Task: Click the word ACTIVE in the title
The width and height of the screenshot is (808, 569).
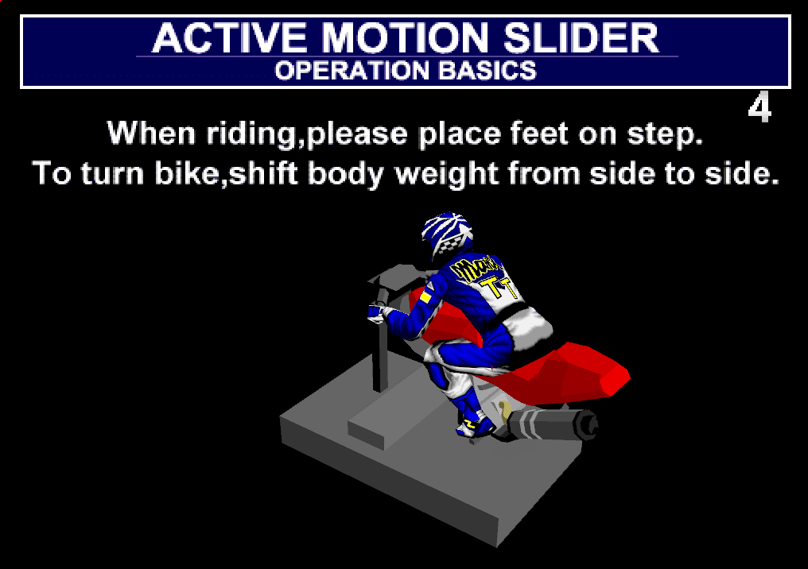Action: click(229, 38)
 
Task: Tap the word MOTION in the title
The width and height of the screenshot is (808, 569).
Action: click(405, 38)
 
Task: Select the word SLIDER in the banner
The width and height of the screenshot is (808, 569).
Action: click(581, 38)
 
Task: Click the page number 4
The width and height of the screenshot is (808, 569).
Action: click(759, 107)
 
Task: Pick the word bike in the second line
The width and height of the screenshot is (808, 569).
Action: click(188, 173)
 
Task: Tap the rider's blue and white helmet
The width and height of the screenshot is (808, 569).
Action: click(447, 234)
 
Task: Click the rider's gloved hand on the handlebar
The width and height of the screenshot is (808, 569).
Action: click(377, 312)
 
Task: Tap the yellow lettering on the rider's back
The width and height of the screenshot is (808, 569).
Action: click(483, 277)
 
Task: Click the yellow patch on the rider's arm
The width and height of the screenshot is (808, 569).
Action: click(425, 296)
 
